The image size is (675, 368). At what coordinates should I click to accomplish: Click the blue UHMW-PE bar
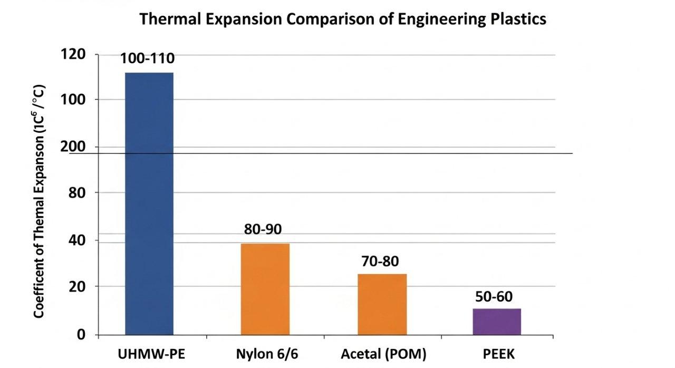[x=149, y=203]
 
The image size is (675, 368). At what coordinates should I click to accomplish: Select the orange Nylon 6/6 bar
[x=265, y=289]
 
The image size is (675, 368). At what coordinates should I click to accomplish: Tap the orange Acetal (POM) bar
[x=382, y=304]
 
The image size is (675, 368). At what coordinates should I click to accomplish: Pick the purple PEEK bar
[x=496, y=322]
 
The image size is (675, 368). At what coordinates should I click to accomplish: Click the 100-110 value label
[x=147, y=59]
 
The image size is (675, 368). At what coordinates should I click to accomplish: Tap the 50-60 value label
[x=494, y=296]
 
